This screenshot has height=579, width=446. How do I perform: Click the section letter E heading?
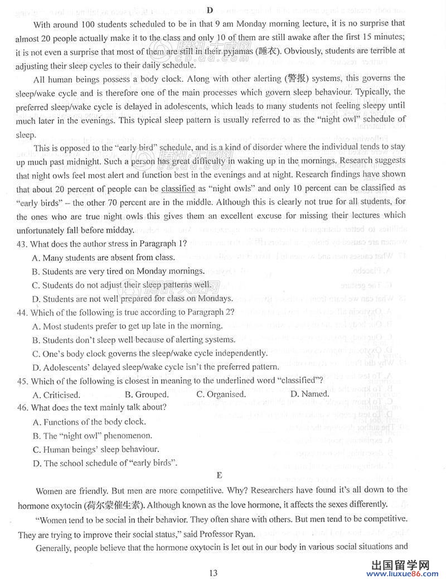[219, 475]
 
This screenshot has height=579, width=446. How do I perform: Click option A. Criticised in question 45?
[56, 394]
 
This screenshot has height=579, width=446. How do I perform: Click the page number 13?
[213, 572]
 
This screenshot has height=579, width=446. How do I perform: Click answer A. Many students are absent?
[104, 257]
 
